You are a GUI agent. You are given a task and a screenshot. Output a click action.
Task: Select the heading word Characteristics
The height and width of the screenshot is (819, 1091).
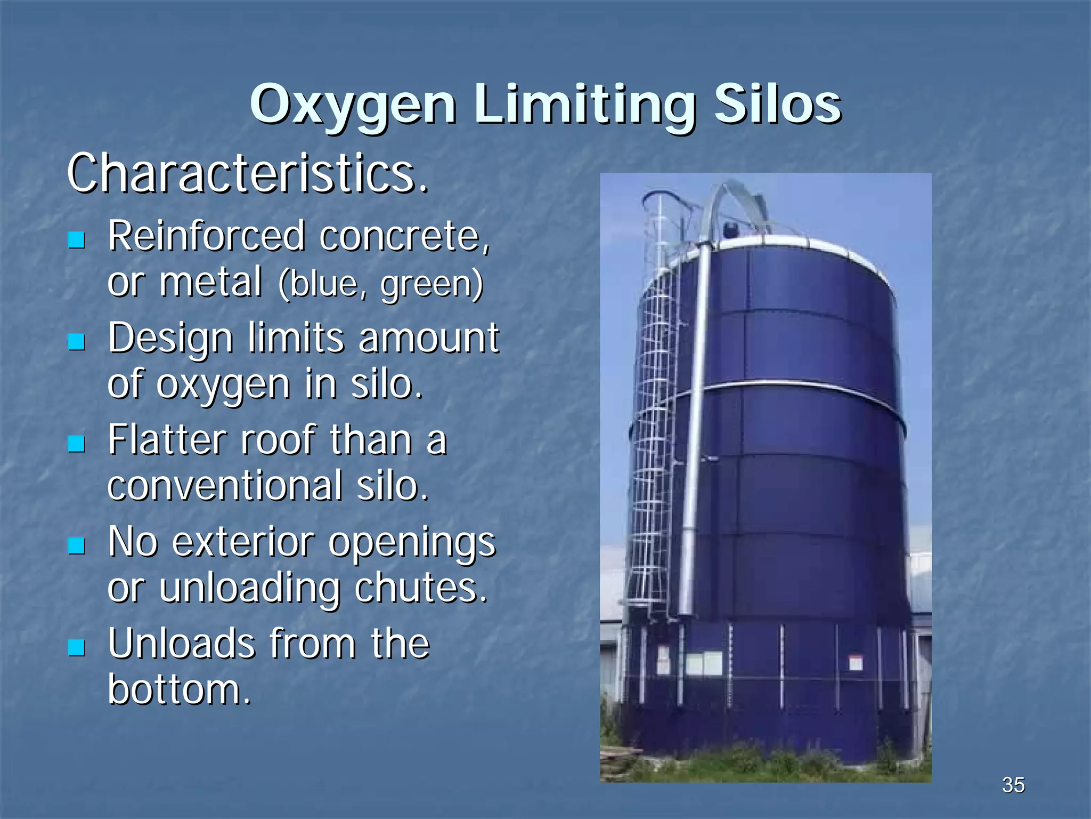coord(248,173)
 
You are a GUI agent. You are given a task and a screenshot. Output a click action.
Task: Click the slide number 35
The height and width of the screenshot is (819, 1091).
coord(1013,785)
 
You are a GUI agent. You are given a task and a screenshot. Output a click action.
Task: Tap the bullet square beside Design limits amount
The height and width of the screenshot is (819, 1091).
coord(77,341)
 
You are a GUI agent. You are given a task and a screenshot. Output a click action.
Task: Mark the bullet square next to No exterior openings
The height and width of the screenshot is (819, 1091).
coord(77,545)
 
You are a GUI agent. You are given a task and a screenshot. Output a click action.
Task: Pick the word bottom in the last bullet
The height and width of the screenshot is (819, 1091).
coord(179,689)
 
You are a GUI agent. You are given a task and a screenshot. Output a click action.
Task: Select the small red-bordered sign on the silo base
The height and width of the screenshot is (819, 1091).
coord(856,663)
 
